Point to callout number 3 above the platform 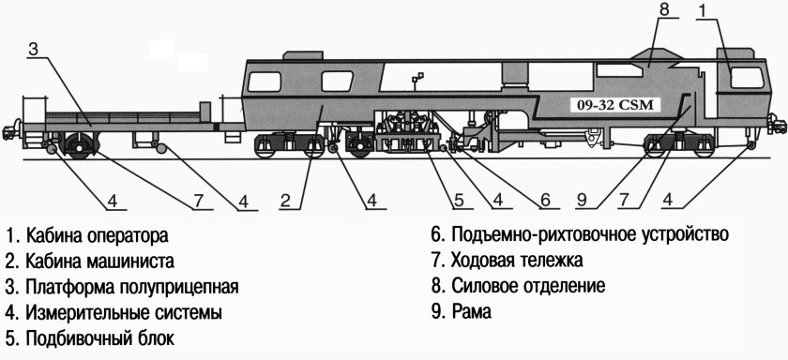tap(32, 50)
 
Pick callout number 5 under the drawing tap(460, 199)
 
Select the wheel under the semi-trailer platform tap(79, 145)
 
